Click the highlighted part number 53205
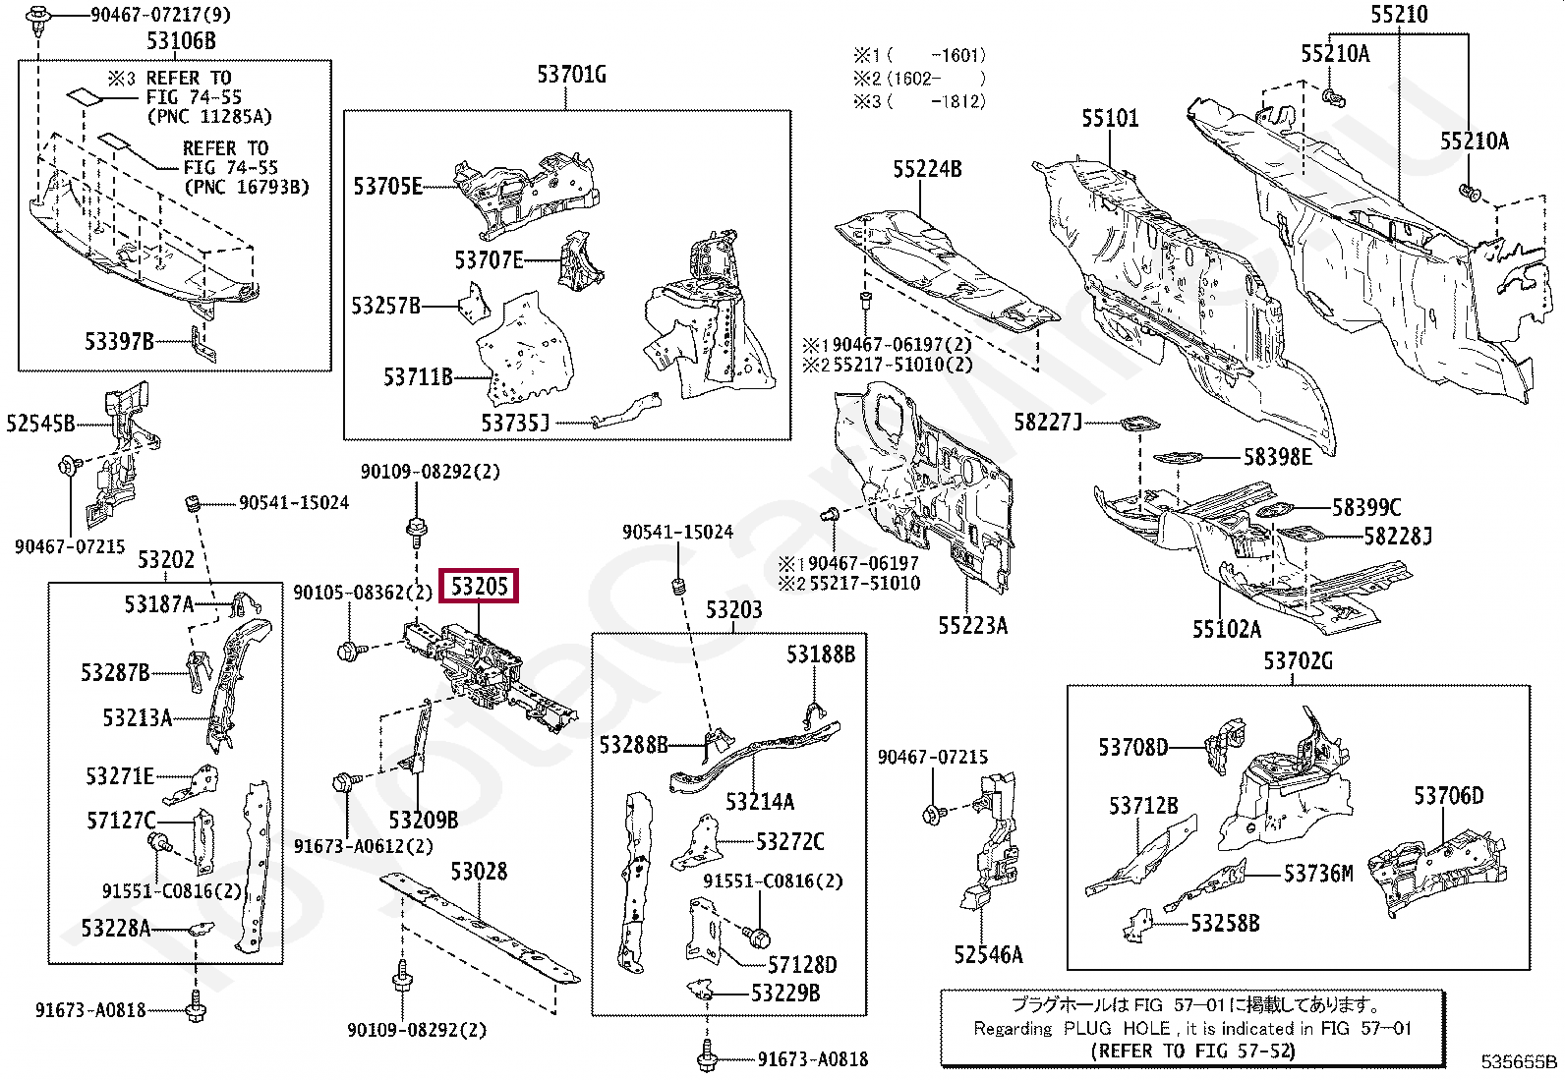click(x=479, y=587)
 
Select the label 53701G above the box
click(x=571, y=74)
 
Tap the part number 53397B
click(x=119, y=341)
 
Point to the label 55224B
click(x=927, y=169)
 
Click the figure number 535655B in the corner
click(x=1520, y=1061)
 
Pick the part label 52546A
click(x=987, y=954)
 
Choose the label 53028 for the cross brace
click(x=479, y=871)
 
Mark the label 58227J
click(x=1048, y=423)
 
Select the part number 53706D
click(x=1448, y=795)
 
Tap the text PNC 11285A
click(x=208, y=117)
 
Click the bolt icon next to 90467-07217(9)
click(x=40, y=18)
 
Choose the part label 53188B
click(x=820, y=654)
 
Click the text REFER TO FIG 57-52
click(x=1192, y=1051)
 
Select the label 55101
click(x=1110, y=118)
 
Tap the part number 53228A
click(x=115, y=928)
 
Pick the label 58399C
click(x=1366, y=507)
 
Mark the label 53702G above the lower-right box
click(x=1298, y=661)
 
